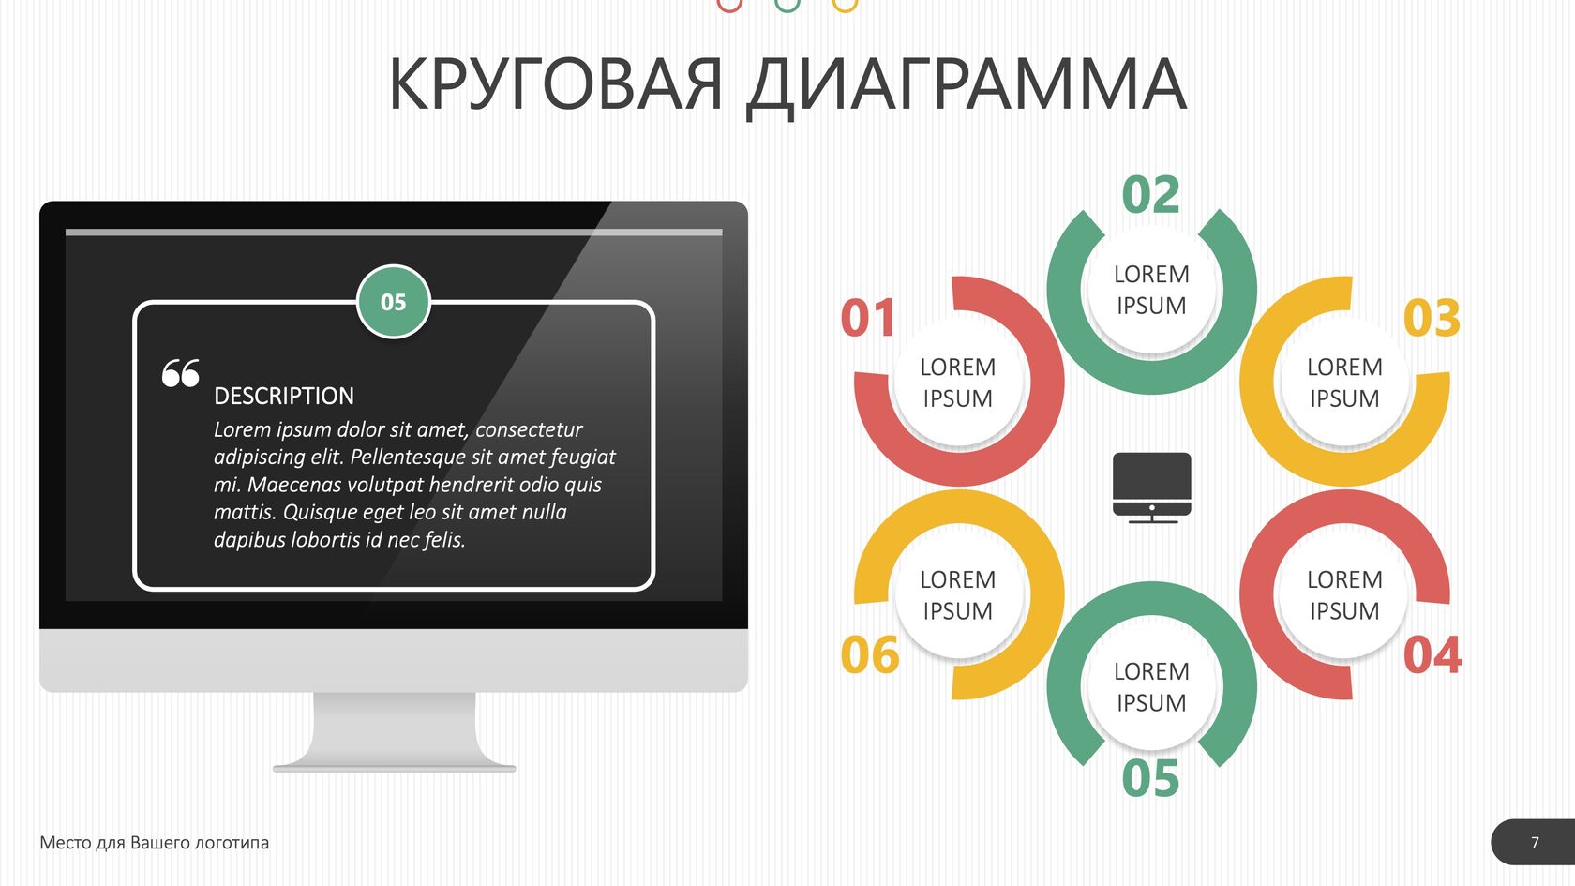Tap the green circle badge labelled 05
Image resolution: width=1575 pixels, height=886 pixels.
click(394, 302)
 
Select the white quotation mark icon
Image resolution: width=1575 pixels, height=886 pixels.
click(181, 373)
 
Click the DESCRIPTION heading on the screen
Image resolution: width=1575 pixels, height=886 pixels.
click(284, 396)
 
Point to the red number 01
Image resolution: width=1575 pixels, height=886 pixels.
click(868, 318)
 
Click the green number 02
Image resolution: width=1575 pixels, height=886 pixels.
click(1151, 195)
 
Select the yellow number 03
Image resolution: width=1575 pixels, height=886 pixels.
click(1432, 318)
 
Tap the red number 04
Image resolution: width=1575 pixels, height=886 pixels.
click(1432, 655)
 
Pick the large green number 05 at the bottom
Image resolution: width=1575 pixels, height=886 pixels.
click(1151, 778)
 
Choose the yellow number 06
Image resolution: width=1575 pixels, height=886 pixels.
click(870, 655)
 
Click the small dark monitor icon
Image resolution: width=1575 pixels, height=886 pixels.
click(1151, 488)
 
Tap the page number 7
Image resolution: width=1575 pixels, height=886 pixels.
click(1535, 842)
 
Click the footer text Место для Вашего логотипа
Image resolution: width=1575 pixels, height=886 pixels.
click(154, 842)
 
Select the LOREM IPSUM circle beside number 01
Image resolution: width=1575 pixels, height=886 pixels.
click(958, 383)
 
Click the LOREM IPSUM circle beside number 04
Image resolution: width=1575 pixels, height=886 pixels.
click(1344, 594)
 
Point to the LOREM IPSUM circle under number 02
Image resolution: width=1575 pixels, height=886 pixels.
click(1151, 290)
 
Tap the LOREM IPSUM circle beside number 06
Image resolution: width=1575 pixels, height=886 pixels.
click(958, 594)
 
